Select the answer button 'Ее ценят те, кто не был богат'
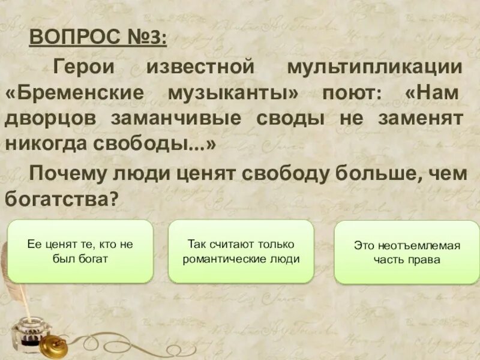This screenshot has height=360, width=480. click(80, 251)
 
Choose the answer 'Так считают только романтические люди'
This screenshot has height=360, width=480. click(241, 251)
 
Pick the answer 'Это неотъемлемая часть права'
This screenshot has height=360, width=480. click(406, 253)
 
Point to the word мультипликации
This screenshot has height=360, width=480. click(374, 67)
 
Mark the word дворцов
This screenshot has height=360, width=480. click(50, 118)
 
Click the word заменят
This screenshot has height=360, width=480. click(421, 118)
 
